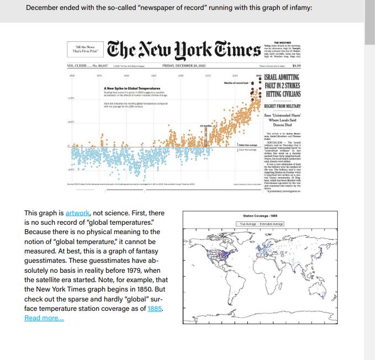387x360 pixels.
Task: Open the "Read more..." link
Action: pyautogui.click(x=44, y=318)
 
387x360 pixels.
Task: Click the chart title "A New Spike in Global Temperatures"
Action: pyautogui.click(x=132, y=88)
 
